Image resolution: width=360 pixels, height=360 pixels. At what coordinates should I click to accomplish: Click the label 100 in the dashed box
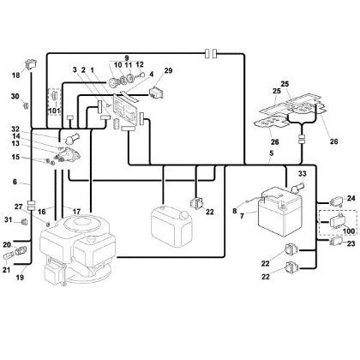pyautogui.click(x=346, y=231)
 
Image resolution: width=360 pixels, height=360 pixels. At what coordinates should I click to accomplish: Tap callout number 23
pyautogui.click(x=351, y=243)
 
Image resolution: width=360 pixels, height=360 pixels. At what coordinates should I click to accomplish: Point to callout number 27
pyautogui.click(x=15, y=205)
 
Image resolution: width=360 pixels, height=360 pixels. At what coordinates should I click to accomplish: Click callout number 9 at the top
pyautogui.click(x=125, y=58)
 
